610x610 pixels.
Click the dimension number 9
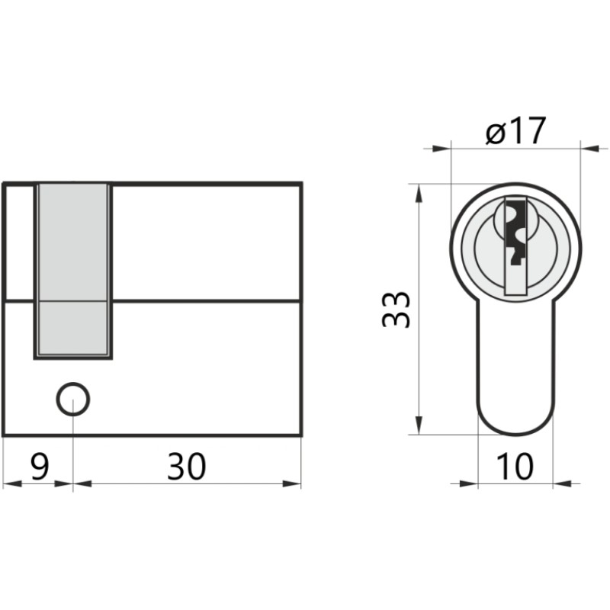[40, 467]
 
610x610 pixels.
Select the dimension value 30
[186, 467]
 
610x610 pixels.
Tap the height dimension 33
[396, 309]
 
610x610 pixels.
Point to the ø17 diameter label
[516, 130]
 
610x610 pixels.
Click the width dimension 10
[515, 467]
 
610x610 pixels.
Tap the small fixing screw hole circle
[73, 399]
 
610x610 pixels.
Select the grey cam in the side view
[73, 270]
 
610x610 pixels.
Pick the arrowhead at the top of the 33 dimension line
[419, 194]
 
